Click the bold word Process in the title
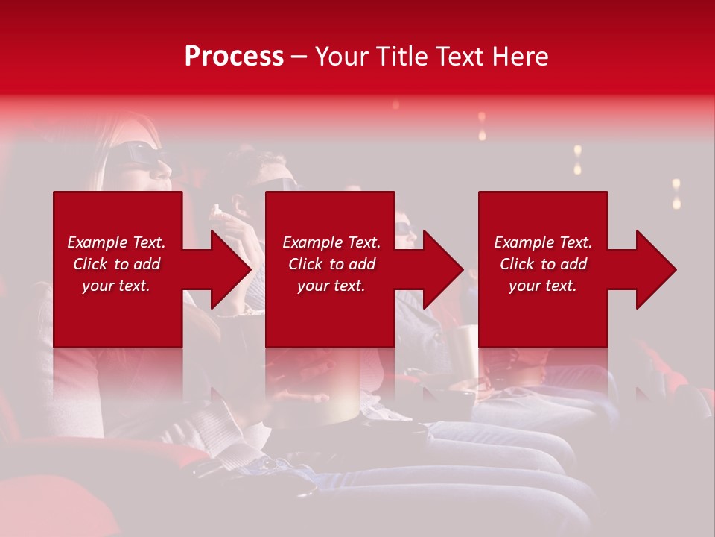pos(234,57)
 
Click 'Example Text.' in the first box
pos(116,242)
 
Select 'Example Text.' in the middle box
pos(331,242)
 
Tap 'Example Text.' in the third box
pos(543,242)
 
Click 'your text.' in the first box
pos(116,286)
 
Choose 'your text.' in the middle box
pos(331,286)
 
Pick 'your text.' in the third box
pos(543,286)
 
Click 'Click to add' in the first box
pos(116,264)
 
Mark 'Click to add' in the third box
pos(543,264)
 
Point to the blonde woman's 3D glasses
pos(138,154)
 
